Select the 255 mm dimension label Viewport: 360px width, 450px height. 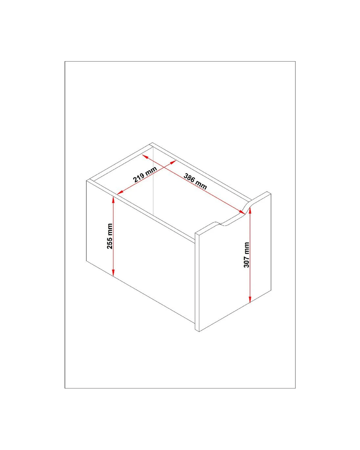110,236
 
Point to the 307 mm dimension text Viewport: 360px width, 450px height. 247,255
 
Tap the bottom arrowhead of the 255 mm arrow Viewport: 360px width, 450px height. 113,273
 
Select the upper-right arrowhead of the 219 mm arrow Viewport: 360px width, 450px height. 173,162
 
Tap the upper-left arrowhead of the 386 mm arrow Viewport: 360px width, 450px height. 146,156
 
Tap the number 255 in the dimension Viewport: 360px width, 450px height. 110,243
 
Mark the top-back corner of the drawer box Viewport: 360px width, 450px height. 152,143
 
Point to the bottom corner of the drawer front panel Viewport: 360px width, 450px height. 199,332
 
